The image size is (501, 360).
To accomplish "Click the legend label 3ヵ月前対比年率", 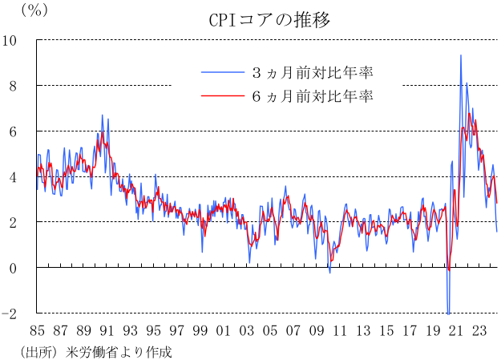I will point(313,73).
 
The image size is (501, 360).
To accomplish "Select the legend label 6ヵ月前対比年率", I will point(313,97).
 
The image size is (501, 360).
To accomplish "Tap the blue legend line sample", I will point(221,73).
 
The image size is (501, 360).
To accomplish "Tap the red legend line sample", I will point(221,97).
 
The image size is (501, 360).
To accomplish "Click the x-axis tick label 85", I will point(36,330).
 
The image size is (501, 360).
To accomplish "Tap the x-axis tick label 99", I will point(200,330).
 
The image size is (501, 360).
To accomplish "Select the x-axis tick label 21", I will point(457,330).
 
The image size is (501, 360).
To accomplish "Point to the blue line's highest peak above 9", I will point(460,55).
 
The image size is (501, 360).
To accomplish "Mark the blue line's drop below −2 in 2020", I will point(448,313).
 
